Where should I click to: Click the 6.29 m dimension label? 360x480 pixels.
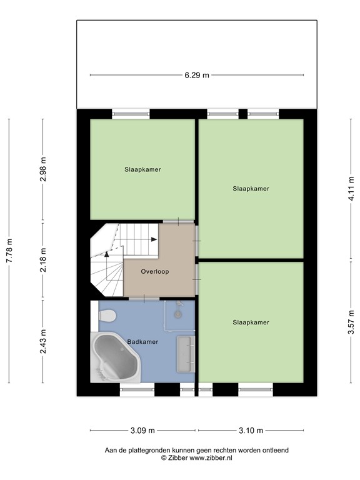pyautogui.click(x=197, y=75)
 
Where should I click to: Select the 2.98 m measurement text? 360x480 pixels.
pyautogui.click(x=42, y=169)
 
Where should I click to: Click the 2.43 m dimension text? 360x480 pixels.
pyautogui.click(x=42, y=341)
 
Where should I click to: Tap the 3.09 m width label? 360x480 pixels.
pyautogui.click(x=143, y=430)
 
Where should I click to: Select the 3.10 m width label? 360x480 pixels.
pyautogui.click(x=251, y=430)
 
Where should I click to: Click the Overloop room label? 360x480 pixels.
pyautogui.click(x=154, y=272)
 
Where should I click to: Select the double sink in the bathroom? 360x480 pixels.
pyautogui.click(x=186, y=354)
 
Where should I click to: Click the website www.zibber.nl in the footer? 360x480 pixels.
pyautogui.click(x=211, y=457)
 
